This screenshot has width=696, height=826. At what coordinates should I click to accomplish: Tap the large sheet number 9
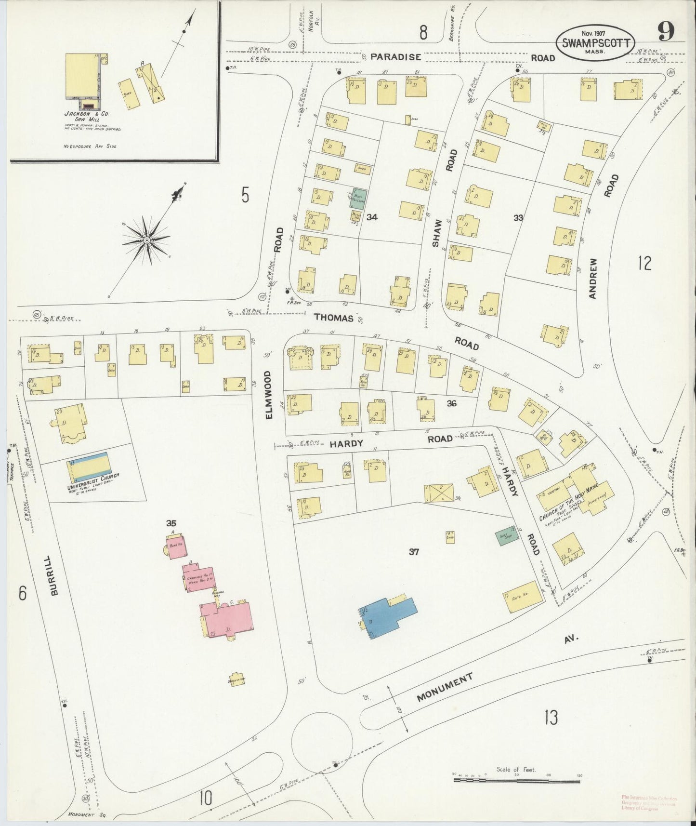coord(667,32)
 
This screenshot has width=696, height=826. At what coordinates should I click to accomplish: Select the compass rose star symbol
coord(146,239)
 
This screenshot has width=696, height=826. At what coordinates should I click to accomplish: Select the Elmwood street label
coord(269,394)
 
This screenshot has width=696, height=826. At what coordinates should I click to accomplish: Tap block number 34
coord(371,217)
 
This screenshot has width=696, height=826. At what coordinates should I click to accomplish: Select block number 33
coord(518,218)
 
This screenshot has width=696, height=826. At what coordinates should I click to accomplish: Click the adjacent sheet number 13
coord(551,718)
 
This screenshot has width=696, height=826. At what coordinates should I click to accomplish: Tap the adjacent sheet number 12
coord(644,263)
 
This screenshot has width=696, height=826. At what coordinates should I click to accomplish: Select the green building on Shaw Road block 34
coord(358,198)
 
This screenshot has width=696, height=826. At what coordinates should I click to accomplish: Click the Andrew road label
coord(593,278)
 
